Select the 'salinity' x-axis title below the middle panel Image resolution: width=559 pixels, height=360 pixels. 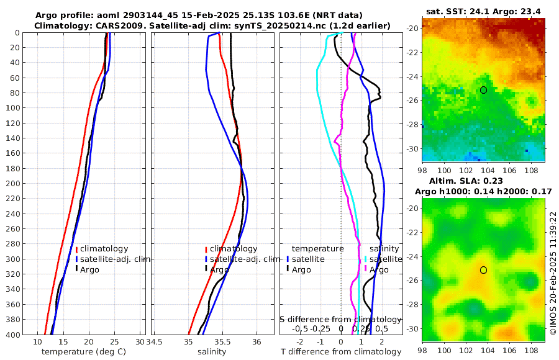(212, 352)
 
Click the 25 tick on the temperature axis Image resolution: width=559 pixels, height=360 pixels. (114, 342)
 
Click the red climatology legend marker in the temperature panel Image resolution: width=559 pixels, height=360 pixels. (76, 250)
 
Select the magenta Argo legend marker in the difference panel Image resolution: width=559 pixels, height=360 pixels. (366, 269)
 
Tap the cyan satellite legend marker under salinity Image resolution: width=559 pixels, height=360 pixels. (366, 259)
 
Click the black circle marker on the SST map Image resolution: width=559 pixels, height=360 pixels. (483, 90)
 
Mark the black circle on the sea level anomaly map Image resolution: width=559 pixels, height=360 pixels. (483, 270)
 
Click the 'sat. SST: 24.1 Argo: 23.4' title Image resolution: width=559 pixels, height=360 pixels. (484, 11)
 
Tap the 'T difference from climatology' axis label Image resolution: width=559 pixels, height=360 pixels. (340, 352)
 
